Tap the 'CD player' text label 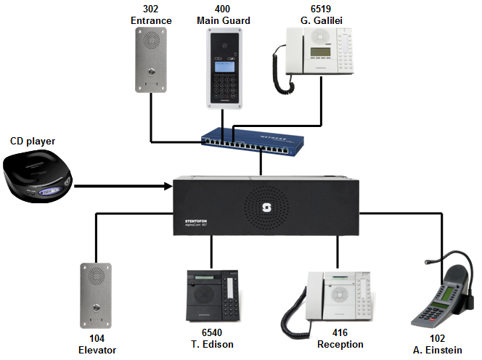(33, 140)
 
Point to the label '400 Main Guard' (224, 15)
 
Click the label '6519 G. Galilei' (319, 15)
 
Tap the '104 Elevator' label (97, 344)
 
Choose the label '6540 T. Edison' (211, 344)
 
